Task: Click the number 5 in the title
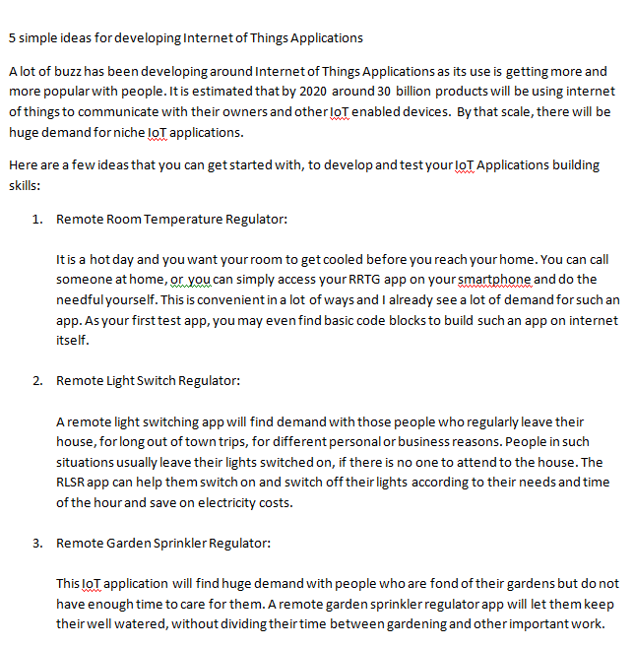(12, 38)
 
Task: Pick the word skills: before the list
(25, 184)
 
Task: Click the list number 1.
(36, 219)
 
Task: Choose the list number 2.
(36, 380)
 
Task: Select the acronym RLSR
(75, 482)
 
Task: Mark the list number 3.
(36, 543)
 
